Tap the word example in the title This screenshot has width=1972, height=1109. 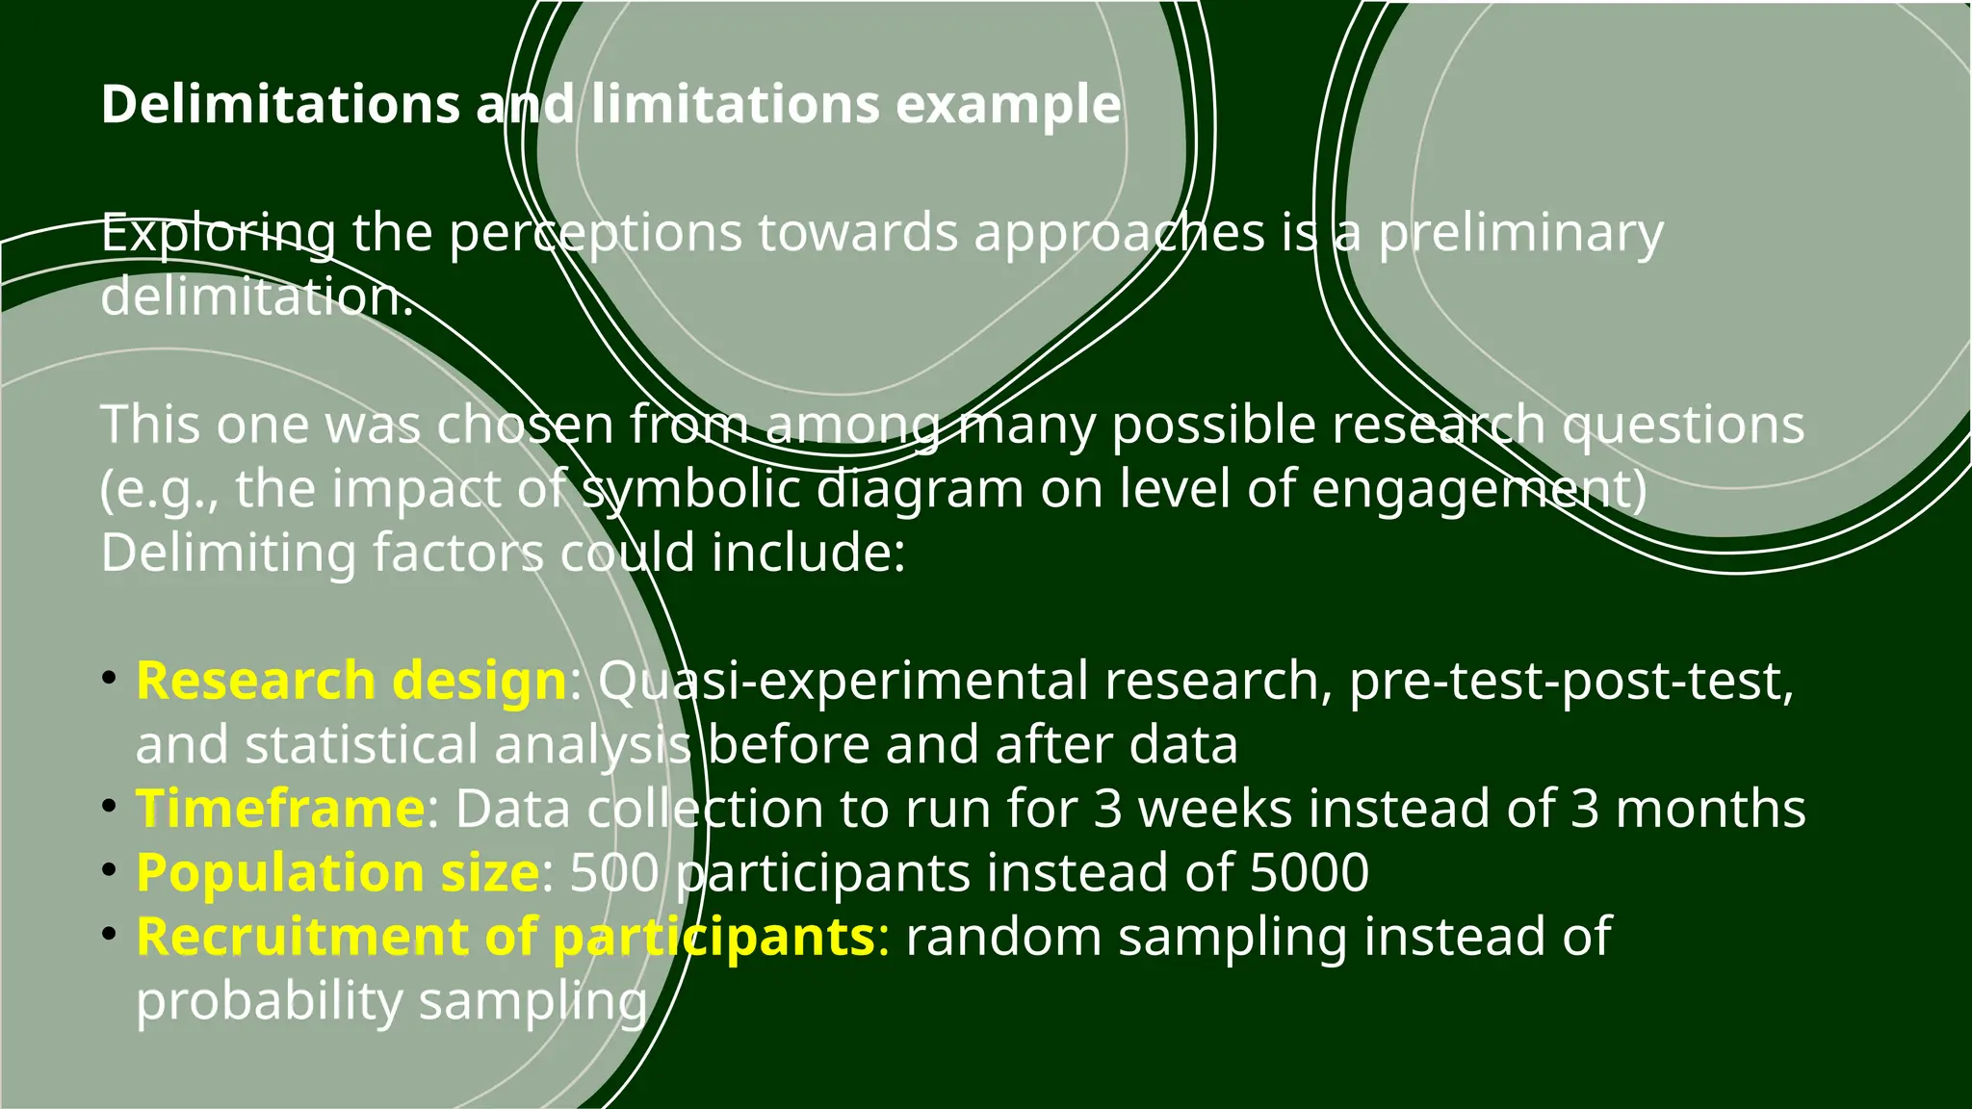pos(1008,104)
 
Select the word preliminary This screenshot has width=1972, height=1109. pos(1520,234)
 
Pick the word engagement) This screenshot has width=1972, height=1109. pos(1479,489)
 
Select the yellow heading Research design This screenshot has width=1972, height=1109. pos(351,681)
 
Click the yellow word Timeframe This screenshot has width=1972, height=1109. pos(280,809)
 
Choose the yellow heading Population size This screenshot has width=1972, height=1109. pos(338,872)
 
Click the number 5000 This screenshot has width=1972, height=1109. pos(1309,872)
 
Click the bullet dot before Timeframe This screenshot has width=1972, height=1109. pos(110,807)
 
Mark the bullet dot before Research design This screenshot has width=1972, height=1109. pos(110,679)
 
